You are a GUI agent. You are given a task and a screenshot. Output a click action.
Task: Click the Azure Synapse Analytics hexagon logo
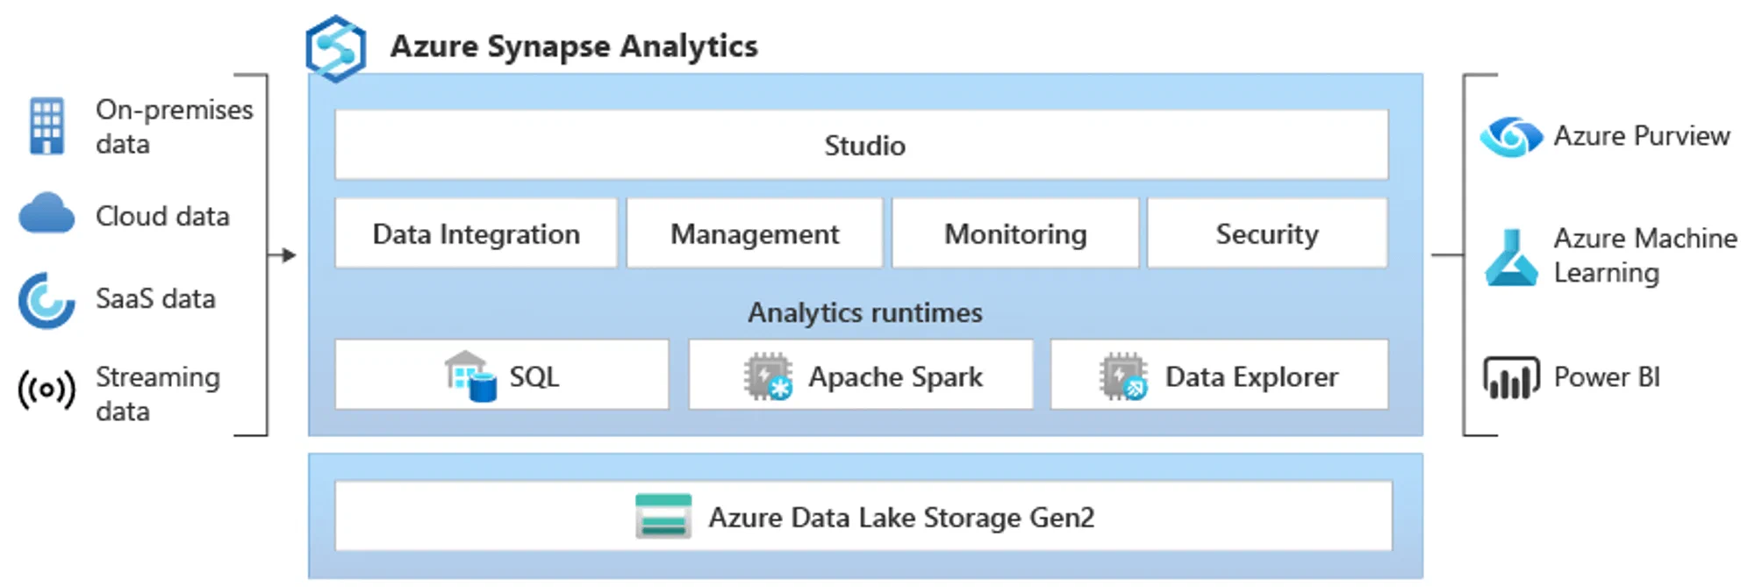335,48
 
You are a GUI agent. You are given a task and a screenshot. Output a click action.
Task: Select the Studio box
862,145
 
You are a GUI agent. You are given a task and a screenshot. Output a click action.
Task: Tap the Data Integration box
476,233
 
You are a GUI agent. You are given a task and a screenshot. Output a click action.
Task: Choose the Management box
755,233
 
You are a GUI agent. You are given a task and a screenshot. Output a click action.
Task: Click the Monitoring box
1015,233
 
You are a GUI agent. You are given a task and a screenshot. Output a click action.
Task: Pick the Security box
1267,233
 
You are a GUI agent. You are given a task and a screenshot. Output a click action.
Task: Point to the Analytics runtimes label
864,312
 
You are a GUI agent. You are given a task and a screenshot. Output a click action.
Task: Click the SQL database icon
471,376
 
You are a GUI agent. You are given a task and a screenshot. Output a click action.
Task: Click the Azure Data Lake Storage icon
663,516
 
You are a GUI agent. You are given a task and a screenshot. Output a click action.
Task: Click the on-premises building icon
47,125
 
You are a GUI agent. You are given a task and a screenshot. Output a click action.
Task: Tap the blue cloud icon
47,213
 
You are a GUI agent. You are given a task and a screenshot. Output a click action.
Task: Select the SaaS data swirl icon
46,300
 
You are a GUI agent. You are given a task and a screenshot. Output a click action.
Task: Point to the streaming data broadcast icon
47,390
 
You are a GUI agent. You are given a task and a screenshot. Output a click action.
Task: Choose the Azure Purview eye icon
1510,137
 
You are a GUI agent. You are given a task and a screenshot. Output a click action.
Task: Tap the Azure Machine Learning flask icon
1511,258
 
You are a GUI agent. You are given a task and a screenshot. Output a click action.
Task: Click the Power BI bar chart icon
1511,377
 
